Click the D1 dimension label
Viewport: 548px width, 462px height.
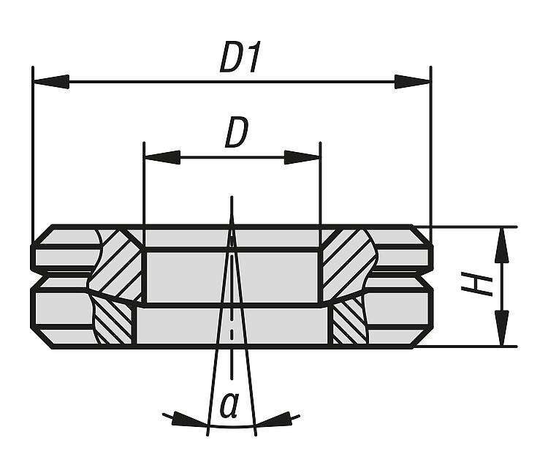[240, 57]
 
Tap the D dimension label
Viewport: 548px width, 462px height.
[237, 133]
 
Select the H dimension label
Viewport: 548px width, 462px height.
[476, 284]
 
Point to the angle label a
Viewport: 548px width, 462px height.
[229, 405]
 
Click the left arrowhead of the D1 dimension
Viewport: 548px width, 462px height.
[50, 82]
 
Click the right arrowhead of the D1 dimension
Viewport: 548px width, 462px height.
[412, 82]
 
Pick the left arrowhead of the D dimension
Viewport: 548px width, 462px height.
[162, 157]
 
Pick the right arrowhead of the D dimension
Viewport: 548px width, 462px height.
[302, 157]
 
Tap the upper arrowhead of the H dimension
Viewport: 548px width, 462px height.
[502, 245]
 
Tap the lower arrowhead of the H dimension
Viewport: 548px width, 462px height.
[502, 328]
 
